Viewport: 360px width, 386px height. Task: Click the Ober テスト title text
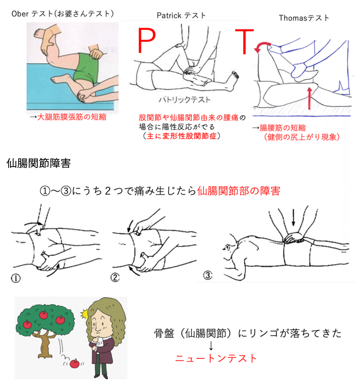[x=61, y=13]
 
